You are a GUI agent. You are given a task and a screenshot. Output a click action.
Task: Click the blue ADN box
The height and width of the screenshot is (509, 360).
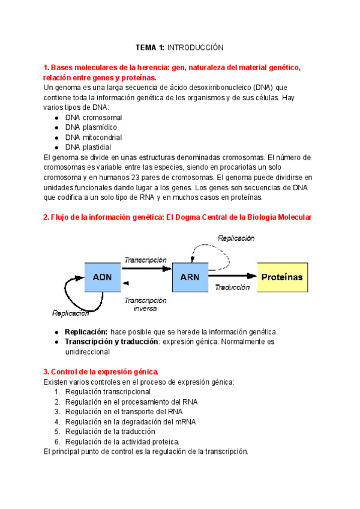click(103, 278)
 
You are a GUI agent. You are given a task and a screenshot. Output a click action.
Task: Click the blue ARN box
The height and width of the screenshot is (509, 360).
click(190, 277)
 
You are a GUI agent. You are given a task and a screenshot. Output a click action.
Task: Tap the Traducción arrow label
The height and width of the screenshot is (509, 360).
click(232, 288)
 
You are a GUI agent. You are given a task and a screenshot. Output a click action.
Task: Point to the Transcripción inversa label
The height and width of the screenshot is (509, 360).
click(145, 304)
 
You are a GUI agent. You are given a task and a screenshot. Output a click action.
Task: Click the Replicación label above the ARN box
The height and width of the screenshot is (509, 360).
click(236, 238)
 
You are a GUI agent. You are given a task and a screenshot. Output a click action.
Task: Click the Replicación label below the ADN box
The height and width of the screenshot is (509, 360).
click(71, 313)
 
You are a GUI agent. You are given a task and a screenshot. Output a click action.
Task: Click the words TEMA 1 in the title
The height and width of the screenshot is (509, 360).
click(151, 47)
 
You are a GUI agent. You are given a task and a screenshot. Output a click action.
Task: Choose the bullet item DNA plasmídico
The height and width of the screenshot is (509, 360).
click(91, 127)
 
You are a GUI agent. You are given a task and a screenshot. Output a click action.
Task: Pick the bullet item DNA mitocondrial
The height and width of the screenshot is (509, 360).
click(93, 137)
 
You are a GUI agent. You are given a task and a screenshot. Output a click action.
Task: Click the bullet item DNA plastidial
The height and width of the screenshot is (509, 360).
click(88, 147)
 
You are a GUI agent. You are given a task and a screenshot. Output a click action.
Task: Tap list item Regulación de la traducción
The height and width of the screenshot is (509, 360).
click(110, 432)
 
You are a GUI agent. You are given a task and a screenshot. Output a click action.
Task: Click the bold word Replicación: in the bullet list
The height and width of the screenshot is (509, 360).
click(86, 332)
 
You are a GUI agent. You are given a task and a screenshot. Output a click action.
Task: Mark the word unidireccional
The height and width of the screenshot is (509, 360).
click(93, 352)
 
